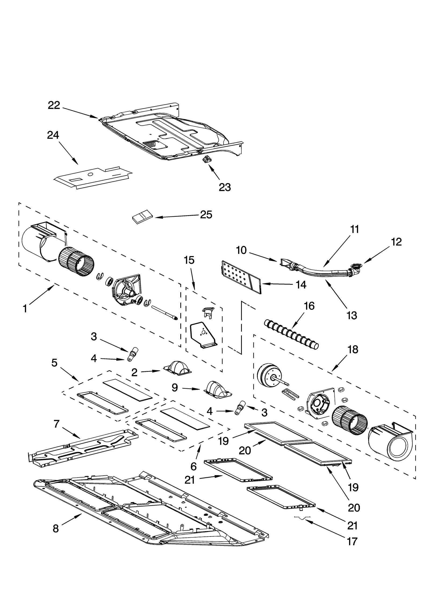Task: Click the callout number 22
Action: coord(54,105)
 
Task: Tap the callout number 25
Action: coord(206,215)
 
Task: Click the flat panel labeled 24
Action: coord(93,177)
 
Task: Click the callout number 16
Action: coord(309,306)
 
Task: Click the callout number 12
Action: coord(396,242)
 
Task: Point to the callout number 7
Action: coord(56,424)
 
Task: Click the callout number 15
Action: coord(189,260)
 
